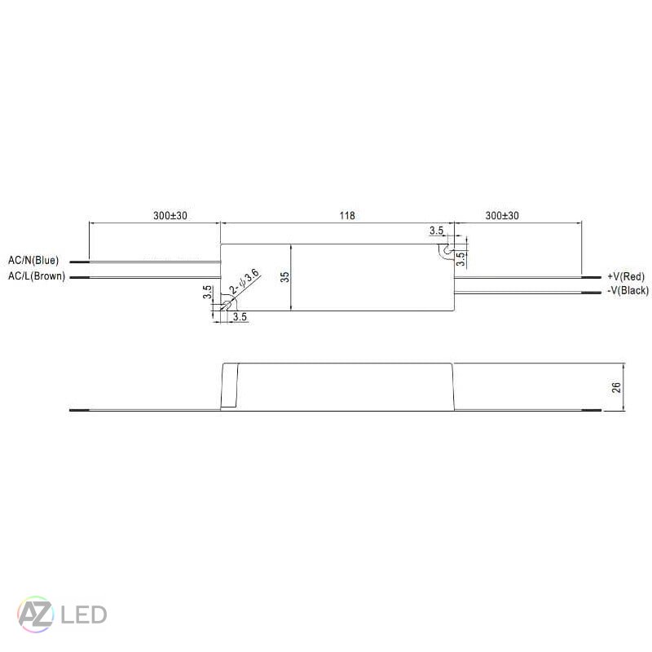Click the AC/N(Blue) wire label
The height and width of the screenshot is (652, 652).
(33, 261)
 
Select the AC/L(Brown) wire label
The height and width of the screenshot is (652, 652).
(36, 276)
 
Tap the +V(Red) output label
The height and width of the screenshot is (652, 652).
(625, 277)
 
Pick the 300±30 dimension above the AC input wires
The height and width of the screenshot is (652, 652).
(170, 216)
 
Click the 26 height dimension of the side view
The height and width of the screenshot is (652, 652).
(617, 387)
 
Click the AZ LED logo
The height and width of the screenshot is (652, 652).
(62, 614)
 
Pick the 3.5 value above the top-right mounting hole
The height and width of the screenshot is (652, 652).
(437, 231)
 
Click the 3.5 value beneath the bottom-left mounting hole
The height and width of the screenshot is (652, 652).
(240, 316)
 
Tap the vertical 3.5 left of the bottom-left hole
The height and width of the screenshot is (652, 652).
(208, 293)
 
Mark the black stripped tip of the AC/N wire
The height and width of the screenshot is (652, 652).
(79, 262)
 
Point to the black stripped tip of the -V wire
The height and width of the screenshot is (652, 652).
(591, 291)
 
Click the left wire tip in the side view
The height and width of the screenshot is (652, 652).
(77, 410)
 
